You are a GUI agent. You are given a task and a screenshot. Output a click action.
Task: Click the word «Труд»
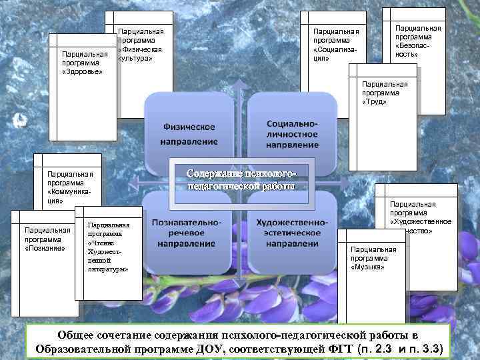coord(374,103)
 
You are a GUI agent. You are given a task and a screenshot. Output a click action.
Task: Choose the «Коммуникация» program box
coord(69,187)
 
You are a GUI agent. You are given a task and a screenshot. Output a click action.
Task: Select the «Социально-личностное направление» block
coord(292,133)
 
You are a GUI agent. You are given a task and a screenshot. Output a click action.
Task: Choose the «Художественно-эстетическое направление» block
coord(292,232)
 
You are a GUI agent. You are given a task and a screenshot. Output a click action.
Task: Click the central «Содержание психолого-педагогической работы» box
coord(239,179)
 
